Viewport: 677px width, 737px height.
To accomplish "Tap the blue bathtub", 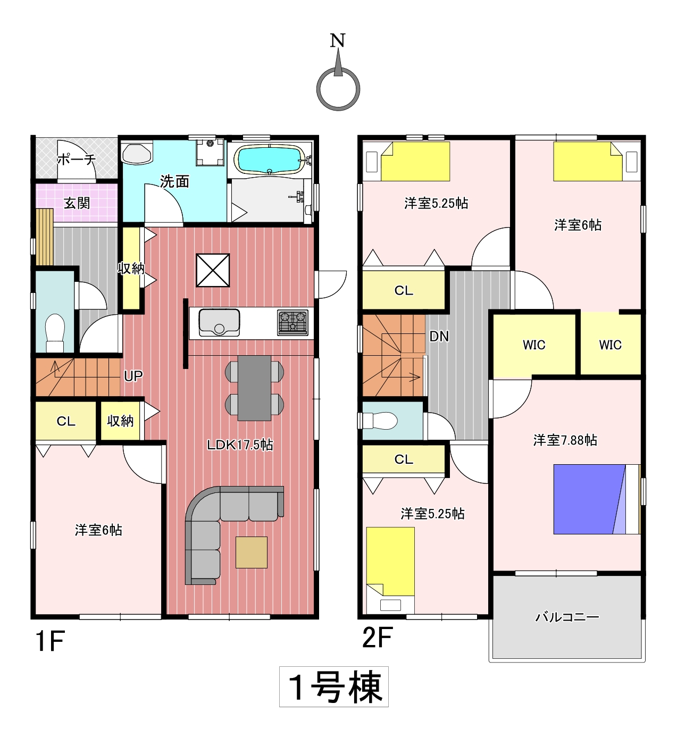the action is point(270,159).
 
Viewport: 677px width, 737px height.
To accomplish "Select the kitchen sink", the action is point(219,322).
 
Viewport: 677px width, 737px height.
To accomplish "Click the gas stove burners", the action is point(292,323).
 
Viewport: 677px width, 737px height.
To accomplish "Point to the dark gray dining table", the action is point(254,388).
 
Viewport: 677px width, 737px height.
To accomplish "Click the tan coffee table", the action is point(252,552).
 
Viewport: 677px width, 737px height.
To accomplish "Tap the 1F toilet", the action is point(55,333).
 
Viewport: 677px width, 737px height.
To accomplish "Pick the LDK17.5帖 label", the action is point(240,445).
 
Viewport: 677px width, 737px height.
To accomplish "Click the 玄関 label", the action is point(77,203).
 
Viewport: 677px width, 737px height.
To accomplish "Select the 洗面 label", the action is point(174,181).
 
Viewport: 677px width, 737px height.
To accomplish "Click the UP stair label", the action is point(133,376).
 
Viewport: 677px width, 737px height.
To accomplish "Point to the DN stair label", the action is point(439,336).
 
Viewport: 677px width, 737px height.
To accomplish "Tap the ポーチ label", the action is point(77,159).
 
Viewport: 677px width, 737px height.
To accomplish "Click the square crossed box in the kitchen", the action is point(213,270).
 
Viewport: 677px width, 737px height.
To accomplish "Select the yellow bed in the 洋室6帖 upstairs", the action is point(588,161).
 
